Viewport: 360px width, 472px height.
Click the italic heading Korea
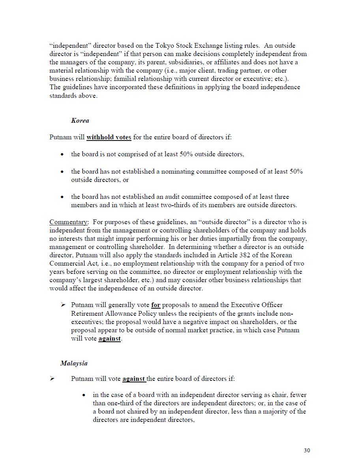80,121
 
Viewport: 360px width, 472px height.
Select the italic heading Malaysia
74,363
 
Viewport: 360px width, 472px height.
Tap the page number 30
307,451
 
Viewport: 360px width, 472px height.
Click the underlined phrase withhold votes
109,137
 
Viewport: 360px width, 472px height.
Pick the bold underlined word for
156,305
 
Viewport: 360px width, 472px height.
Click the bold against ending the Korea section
109,339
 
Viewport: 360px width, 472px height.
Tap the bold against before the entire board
134,379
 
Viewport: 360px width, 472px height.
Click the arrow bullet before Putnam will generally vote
63,305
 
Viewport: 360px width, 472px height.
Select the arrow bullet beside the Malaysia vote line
52,379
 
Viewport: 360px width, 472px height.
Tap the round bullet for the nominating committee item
62,172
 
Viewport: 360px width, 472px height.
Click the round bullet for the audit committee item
62,197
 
